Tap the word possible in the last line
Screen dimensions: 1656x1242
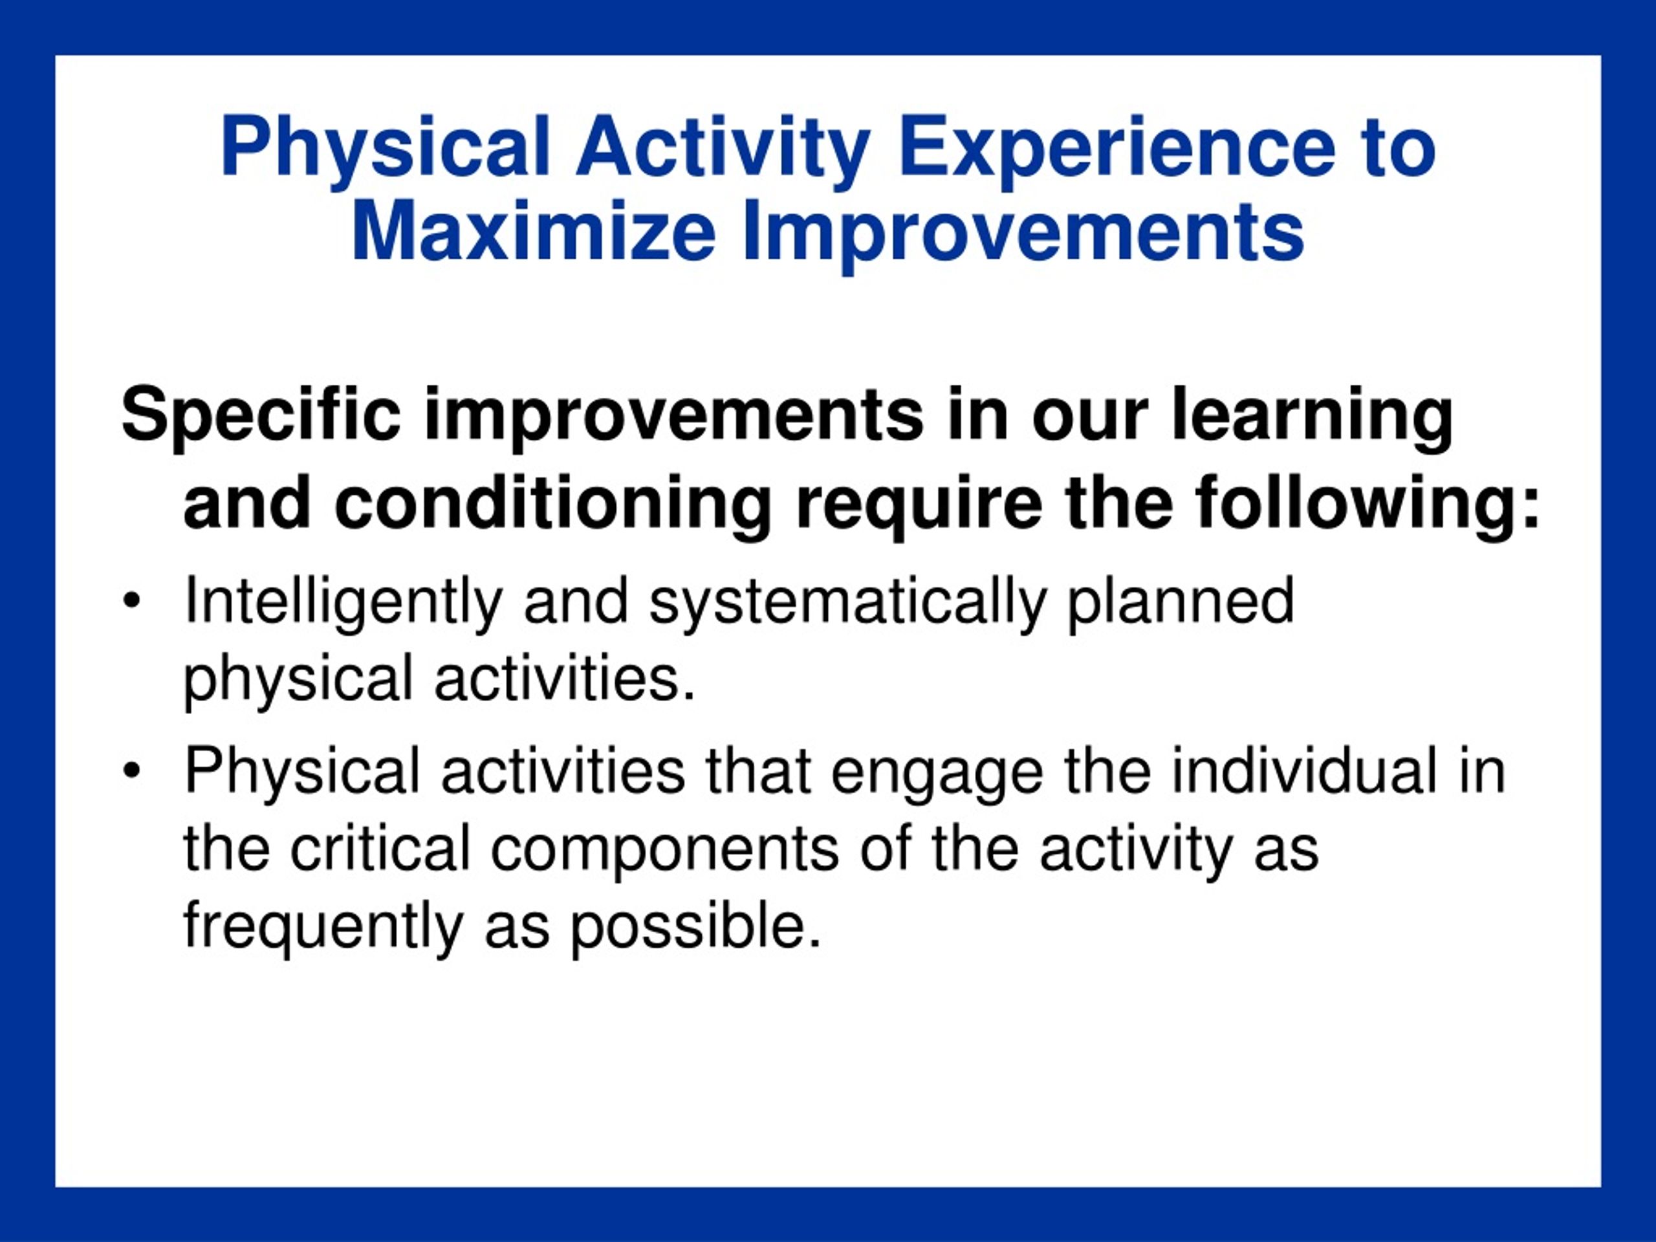tap(695, 929)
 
